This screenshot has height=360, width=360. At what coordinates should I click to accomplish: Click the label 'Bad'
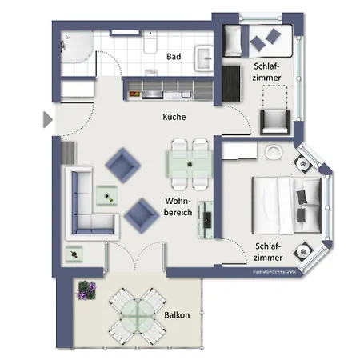(x=173, y=57)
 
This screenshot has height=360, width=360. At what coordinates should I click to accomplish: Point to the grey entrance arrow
(x=47, y=120)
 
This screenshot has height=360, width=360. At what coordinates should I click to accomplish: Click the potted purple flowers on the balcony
(x=86, y=290)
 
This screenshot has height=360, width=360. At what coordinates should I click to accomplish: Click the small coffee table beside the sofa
(x=106, y=194)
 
